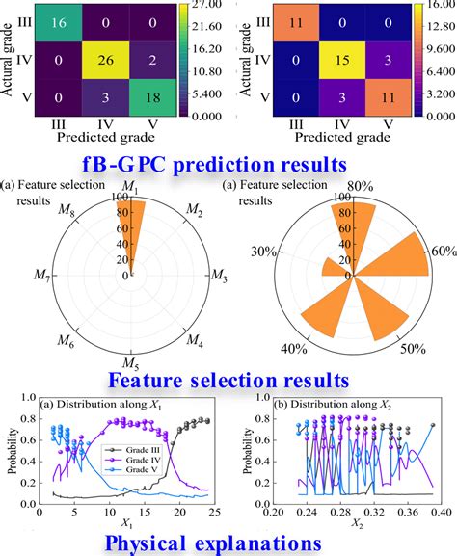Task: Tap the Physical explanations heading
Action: [228, 543]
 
